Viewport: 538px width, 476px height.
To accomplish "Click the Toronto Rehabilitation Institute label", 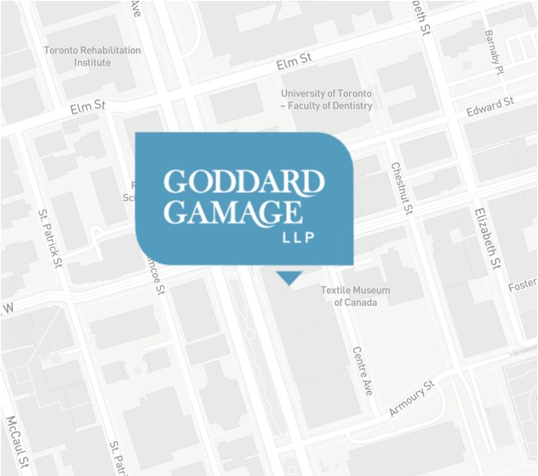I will coord(92,56).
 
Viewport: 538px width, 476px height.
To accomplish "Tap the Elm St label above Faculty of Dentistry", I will coord(295,63).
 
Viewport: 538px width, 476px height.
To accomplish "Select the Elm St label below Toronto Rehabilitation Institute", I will coord(87,106).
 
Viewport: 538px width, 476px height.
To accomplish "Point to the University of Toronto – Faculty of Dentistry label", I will coord(327,99).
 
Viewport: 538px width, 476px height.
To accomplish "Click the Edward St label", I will coord(490,108).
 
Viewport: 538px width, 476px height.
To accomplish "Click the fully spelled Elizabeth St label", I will coord(484,241).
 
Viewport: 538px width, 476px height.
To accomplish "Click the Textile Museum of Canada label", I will coord(355,296).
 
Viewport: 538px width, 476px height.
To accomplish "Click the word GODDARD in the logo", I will coord(244,183).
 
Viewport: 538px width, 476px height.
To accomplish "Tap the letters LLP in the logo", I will coord(298,237).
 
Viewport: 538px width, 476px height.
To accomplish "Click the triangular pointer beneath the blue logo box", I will coord(289,276).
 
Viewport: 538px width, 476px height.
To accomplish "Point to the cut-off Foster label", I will coord(523,287).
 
